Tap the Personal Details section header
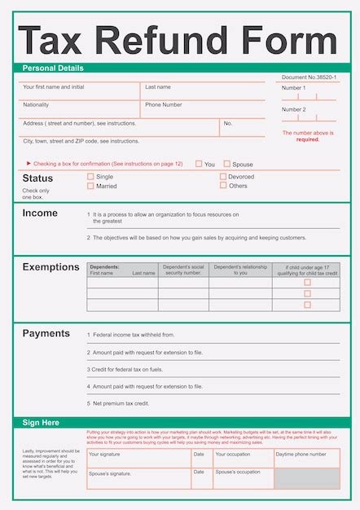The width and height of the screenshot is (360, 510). (53, 68)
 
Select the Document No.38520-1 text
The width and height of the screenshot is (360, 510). (309, 77)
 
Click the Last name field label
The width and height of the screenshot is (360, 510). (158, 87)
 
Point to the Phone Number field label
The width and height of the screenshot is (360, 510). (164, 105)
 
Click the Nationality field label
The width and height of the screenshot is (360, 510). (36, 105)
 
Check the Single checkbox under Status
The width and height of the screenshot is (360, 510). (90, 176)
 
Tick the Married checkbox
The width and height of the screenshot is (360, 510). (90, 186)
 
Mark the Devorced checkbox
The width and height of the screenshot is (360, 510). (223, 176)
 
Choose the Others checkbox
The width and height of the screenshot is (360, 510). (223, 185)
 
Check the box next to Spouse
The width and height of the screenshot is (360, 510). (227, 164)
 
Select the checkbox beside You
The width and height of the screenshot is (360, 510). (199, 164)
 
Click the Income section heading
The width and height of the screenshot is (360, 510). (40, 213)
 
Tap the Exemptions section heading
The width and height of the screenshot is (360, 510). (50, 267)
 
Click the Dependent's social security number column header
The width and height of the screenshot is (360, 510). (182, 270)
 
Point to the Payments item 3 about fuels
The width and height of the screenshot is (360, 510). (127, 369)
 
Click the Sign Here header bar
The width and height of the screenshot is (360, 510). (41, 423)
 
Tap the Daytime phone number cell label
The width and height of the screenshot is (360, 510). (301, 454)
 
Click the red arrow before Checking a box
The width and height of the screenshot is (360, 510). (29, 164)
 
